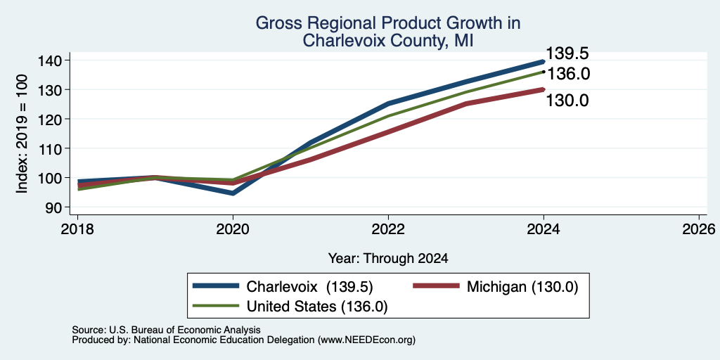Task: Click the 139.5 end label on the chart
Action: [567, 53]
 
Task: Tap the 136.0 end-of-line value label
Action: [568, 74]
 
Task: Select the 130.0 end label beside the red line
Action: [567, 101]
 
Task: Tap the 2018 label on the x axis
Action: [77, 229]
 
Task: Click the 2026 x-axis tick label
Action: [699, 229]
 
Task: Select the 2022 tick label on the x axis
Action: [388, 229]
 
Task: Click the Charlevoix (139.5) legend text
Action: [309, 287]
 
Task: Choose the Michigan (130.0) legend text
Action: [522, 287]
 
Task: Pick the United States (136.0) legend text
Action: [317, 307]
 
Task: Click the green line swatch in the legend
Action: [216, 306]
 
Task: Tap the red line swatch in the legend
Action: [436, 286]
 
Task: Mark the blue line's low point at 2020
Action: [233, 193]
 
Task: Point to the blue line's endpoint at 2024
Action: [544, 61]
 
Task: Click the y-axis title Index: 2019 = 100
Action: [22, 134]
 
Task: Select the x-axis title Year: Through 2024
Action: [388, 259]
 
